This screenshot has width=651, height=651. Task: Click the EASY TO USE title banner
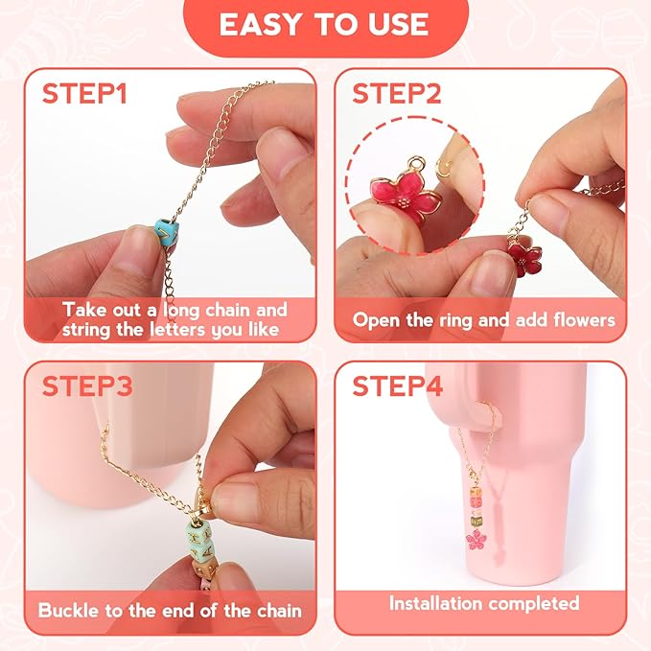[326, 25]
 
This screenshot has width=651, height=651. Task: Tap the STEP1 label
[84, 93]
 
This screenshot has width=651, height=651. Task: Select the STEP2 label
[397, 93]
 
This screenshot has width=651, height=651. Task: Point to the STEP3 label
[87, 386]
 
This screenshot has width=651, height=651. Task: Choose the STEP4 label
[397, 386]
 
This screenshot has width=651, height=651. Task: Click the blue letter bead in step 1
[167, 232]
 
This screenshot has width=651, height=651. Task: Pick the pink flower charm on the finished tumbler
[476, 540]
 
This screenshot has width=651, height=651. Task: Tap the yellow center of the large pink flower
[402, 202]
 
